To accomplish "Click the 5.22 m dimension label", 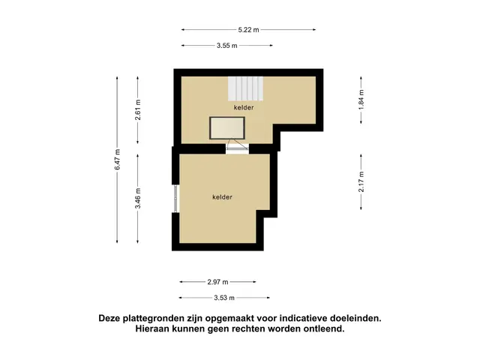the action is [248, 30].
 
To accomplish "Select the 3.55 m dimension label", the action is [227, 46].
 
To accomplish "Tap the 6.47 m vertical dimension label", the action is [117, 159].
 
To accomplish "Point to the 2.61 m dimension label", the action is [138, 110].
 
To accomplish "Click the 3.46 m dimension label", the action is [138, 198].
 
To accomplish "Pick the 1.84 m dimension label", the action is [361, 100].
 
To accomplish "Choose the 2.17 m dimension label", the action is [361, 181].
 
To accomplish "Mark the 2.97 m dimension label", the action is [217, 282].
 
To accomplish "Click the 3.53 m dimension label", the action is [224, 298].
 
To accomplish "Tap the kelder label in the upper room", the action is [244, 107].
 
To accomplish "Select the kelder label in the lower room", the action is [222, 197].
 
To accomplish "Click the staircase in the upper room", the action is [245, 88].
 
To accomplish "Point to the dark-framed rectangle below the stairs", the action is [227, 128].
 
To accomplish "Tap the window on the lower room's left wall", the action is [175, 199].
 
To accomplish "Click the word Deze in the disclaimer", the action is [109, 318].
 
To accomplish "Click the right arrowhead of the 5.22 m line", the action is [314, 30].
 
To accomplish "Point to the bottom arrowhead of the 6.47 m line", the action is [117, 241].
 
